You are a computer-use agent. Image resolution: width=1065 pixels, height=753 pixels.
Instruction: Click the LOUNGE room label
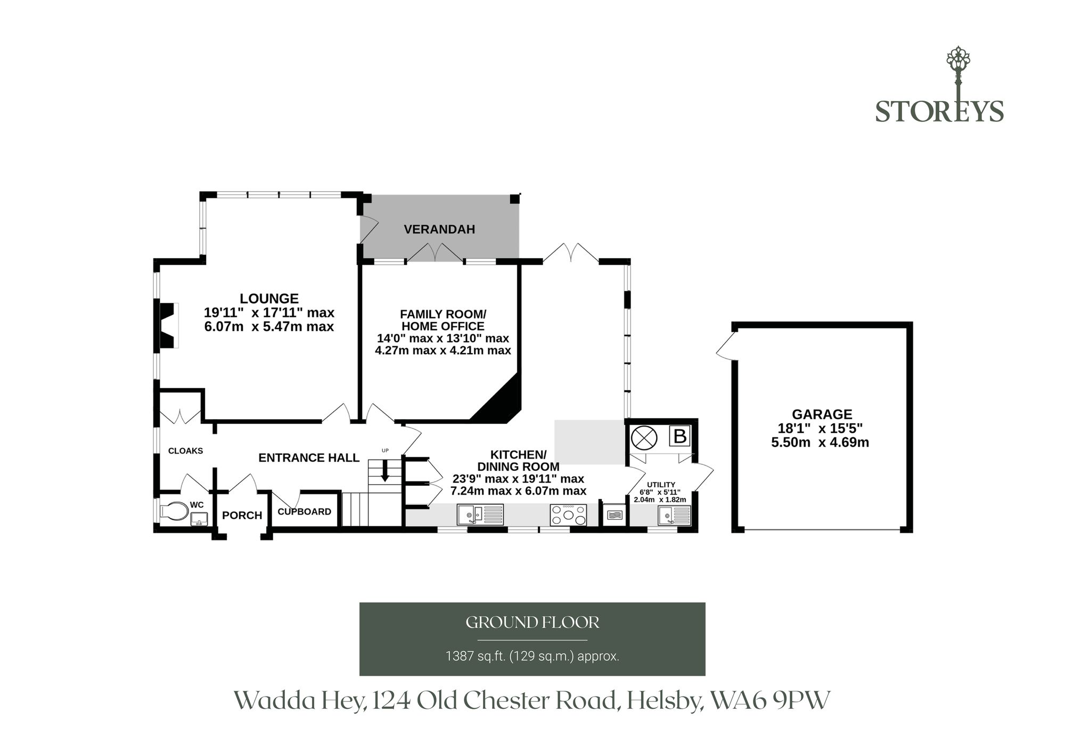pyautogui.click(x=269, y=299)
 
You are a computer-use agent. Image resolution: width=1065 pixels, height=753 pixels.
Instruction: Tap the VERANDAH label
pyautogui.click(x=439, y=230)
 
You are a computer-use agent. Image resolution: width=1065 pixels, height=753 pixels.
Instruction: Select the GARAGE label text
pyautogui.click(x=822, y=414)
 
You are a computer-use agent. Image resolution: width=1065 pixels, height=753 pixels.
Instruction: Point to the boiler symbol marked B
pyautogui.click(x=679, y=436)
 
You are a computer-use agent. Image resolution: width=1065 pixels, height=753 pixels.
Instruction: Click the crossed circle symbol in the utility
pyautogui.click(x=644, y=438)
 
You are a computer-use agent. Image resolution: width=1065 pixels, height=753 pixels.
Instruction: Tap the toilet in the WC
pyautogui.click(x=174, y=511)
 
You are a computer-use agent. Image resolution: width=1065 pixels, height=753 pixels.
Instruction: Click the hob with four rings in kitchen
pyautogui.click(x=569, y=515)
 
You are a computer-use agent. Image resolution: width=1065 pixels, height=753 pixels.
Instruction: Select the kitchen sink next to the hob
pyautogui.click(x=480, y=515)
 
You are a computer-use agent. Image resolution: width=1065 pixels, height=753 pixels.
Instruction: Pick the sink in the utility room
pyautogui.click(x=674, y=515)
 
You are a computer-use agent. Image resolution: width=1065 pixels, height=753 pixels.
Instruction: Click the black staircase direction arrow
pyautogui.click(x=384, y=470)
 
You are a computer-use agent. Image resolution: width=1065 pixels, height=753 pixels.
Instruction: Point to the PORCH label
pyautogui.click(x=242, y=515)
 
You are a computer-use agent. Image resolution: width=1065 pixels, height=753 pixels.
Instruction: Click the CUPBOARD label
pyautogui.click(x=305, y=512)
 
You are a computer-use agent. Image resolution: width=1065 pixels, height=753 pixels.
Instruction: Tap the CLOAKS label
pyautogui.click(x=185, y=451)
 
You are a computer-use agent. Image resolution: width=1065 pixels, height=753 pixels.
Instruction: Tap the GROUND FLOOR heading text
pyautogui.click(x=532, y=623)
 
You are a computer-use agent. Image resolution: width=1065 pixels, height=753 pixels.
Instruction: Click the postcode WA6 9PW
pyautogui.click(x=770, y=701)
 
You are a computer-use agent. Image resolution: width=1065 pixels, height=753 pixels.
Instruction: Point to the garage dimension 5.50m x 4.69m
pyautogui.click(x=820, y=443)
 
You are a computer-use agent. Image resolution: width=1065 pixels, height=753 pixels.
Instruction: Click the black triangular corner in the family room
pyautogui.click(x=501, y=402)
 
